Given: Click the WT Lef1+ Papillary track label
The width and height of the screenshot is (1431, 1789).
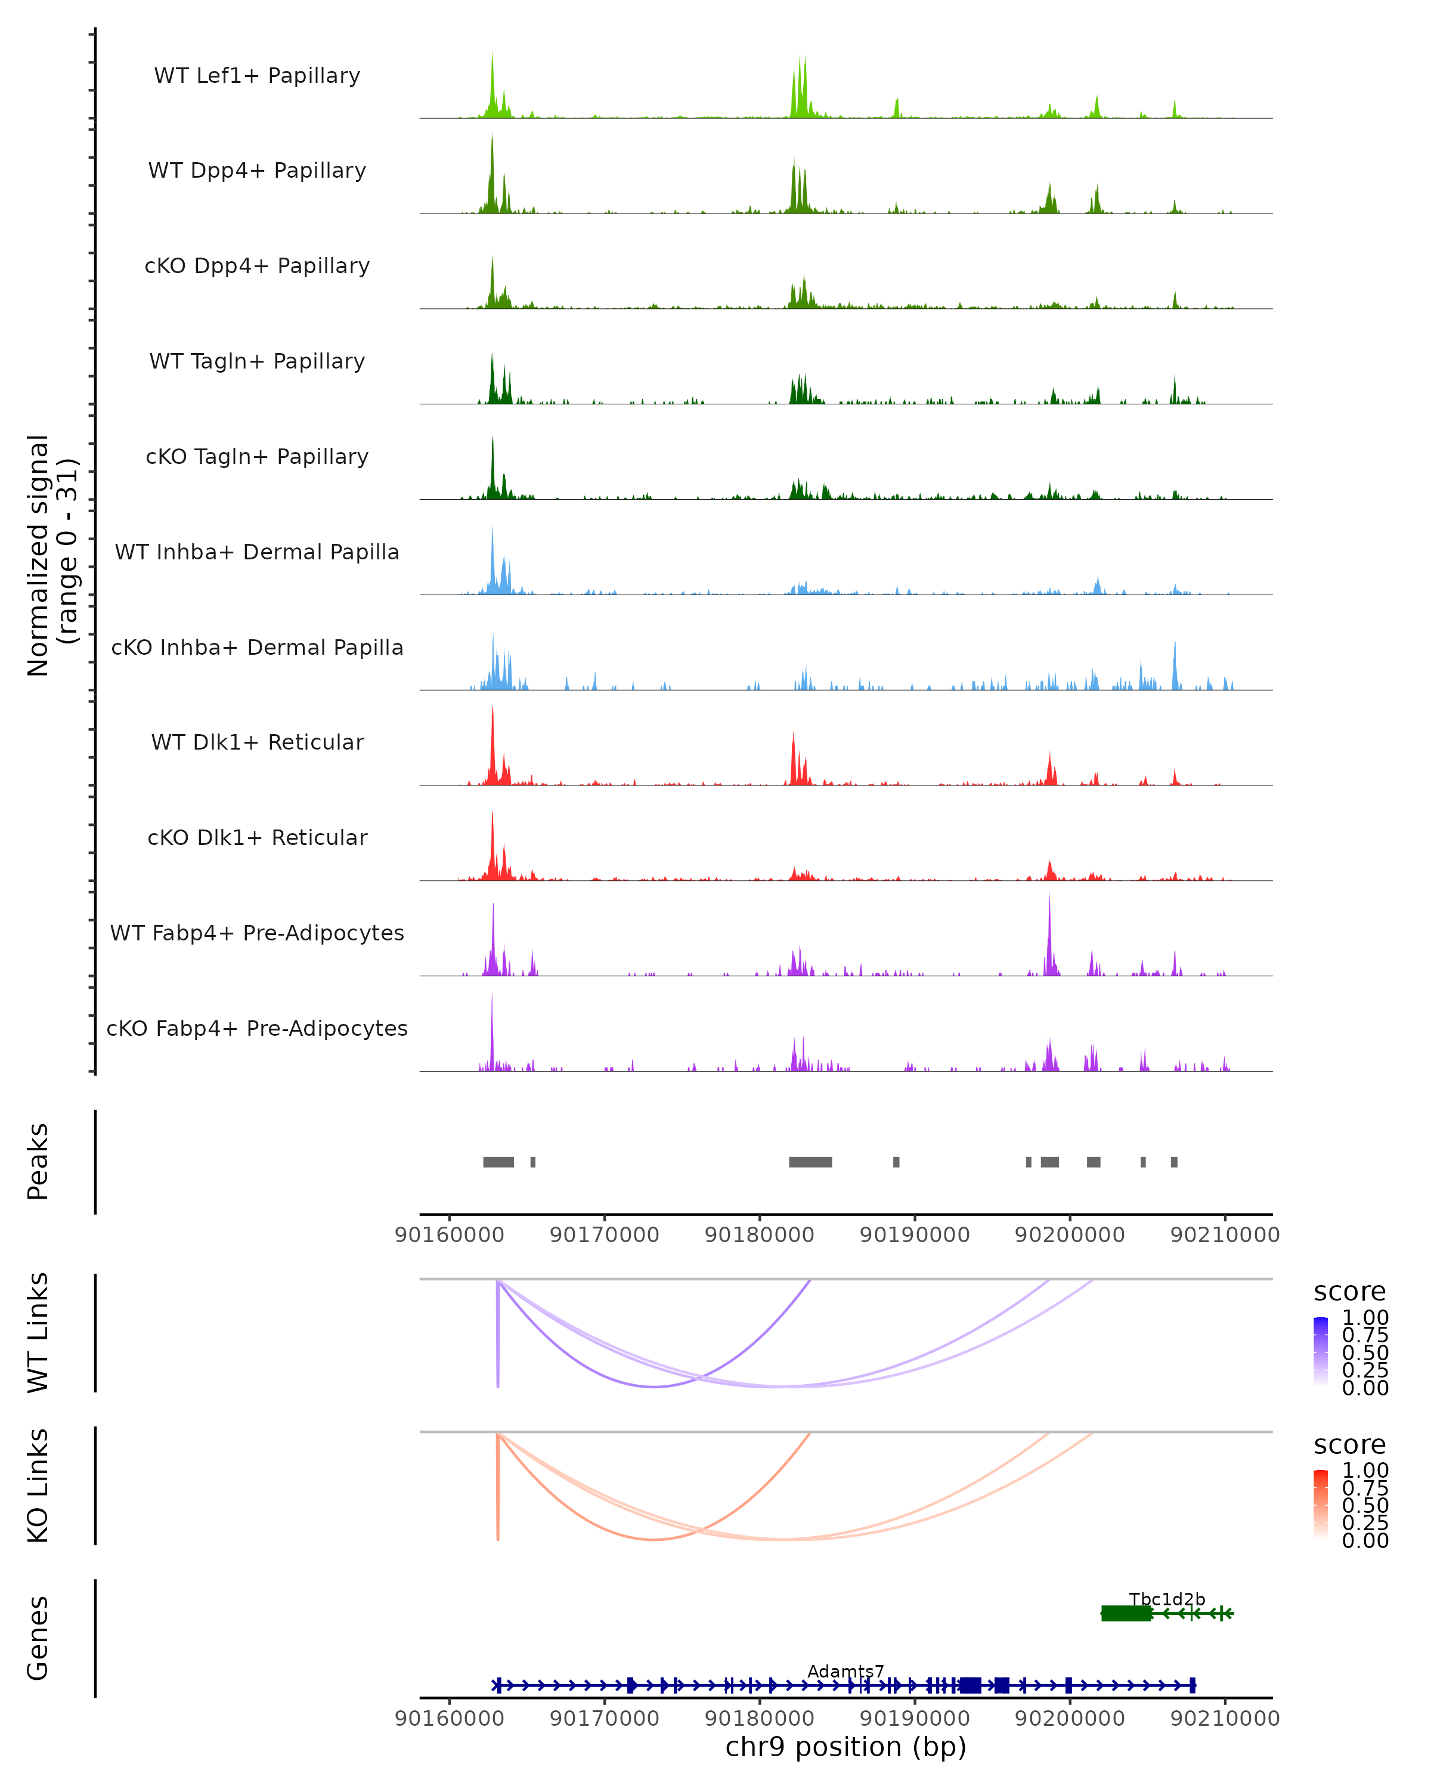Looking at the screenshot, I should tap(257, 76).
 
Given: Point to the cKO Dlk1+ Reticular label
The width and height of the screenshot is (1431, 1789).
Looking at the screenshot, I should tap(257, 837).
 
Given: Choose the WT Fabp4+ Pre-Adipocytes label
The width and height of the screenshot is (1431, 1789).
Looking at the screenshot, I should tap(257, 933).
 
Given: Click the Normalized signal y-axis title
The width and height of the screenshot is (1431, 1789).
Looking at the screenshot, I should tap(51, 555).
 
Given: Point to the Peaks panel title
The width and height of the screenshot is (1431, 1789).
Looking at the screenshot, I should tap(38, 1161).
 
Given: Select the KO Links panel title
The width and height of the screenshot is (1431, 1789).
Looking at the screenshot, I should tap(38, 1485).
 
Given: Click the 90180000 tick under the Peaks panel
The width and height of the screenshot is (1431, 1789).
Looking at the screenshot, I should tap(759, 1235).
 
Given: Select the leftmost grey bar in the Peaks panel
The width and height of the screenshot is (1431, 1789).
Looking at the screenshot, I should tap(498, 1162).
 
